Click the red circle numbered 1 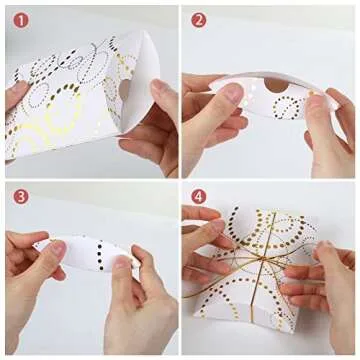pos(21,21)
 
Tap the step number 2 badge pos(198,21)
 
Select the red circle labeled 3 pos(21,197)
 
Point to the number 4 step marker pos(198,197)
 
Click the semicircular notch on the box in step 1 pos(123,88)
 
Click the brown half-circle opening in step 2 pos(277,85)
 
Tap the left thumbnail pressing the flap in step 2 pos(232,92)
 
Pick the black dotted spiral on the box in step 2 pos(287,107)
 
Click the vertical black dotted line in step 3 pos(100,254)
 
